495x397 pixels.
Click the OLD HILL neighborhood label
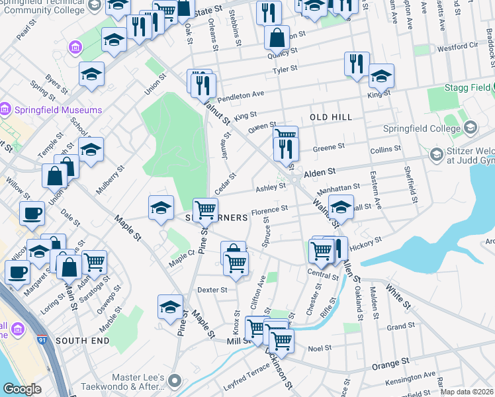pyautogui.click(x=330, y=117)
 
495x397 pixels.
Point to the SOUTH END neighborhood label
pyautogui.click(x=82, y=340)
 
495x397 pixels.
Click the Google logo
pyautogui.click(x=22, y=390)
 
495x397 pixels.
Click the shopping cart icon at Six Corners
pyautogui.click(x=205, y=210)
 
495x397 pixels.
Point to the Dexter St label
pyautogui.click(x=212, y=290)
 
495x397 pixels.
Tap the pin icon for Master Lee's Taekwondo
pyautogui.click(x=175, y=380)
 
